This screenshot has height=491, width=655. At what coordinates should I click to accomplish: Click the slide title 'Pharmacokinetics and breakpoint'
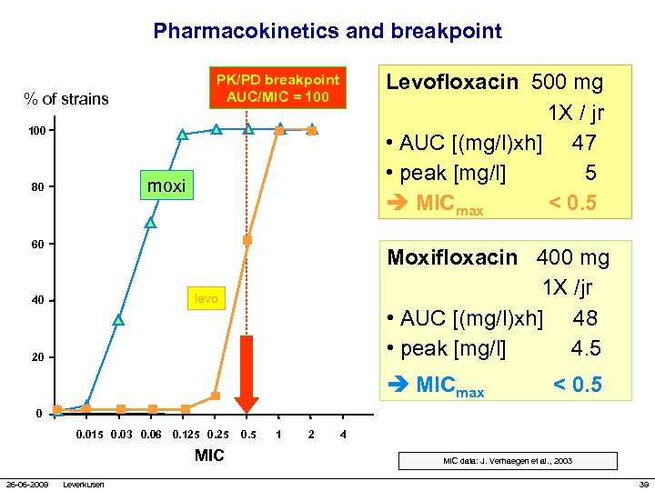(x=327, y=31)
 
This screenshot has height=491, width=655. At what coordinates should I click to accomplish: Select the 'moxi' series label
(x=166, y=186)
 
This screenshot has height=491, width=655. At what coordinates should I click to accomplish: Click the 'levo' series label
(x=206, y=298)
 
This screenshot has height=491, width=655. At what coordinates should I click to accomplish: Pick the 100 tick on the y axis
(x=36, y=132)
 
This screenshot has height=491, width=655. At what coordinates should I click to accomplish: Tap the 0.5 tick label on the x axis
(x=247, y=434)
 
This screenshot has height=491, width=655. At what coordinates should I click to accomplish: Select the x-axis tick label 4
(x=342, y=434)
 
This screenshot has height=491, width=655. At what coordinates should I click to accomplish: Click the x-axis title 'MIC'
(x=209, y=456)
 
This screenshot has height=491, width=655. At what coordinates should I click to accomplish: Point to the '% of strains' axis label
(x=66, y=99)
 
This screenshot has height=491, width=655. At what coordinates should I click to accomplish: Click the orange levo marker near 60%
(x=247, y=240)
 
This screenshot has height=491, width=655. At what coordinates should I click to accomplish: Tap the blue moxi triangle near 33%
(x=118, y=320)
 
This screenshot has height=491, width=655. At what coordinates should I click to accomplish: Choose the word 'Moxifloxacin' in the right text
(x=452, y=257)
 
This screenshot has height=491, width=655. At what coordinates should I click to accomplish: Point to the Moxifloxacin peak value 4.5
(x=586, y=348)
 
